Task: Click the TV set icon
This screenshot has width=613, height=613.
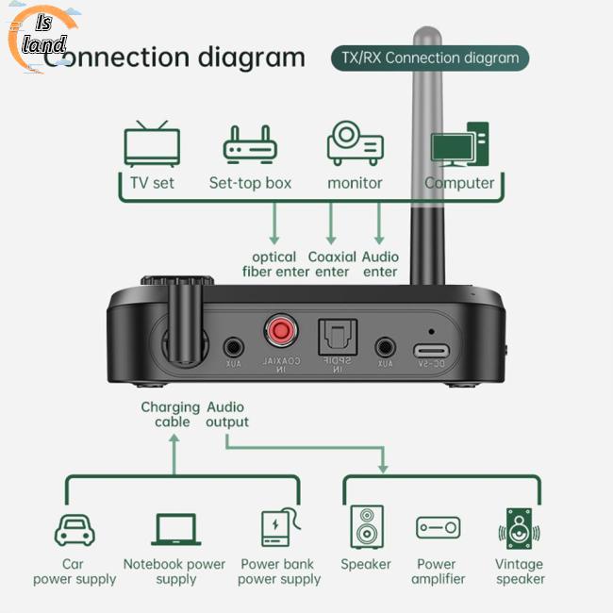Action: pos(151,143)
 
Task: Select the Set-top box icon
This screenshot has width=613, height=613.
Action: pos(250,145)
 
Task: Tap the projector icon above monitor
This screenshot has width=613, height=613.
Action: pos(355,142)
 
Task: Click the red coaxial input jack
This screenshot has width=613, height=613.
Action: pos(279,331)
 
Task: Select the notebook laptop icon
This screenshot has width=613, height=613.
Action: pos(175,529)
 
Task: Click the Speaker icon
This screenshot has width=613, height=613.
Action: pos(366,527)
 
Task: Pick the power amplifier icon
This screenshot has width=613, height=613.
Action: pos(439,528)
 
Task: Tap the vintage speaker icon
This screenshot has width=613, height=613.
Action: pos(520,529)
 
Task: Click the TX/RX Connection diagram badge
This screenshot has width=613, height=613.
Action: pos(429,58)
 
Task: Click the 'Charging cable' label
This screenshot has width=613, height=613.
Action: pos(171,414)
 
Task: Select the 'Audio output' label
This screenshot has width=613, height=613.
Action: pos(227,414)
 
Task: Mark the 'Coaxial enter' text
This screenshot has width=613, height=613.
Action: pos(331,264)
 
